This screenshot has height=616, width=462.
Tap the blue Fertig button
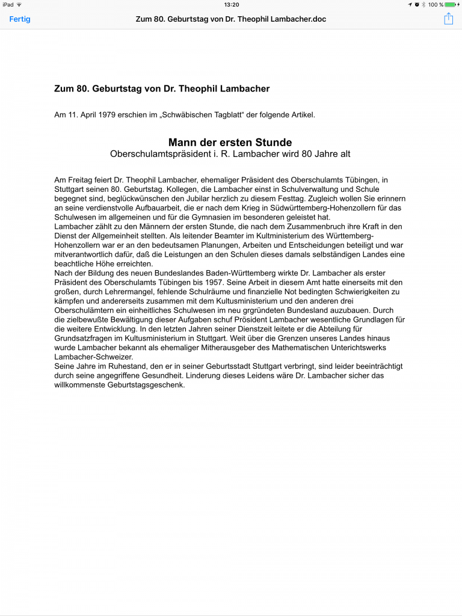(20, 19)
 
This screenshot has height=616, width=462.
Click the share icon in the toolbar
(448, 19)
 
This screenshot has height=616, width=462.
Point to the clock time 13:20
(231, 4)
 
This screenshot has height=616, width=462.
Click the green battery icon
(450, 4)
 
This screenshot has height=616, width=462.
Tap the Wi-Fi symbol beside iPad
(19, 4)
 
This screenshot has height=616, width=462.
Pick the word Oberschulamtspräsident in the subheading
(158, 154)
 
